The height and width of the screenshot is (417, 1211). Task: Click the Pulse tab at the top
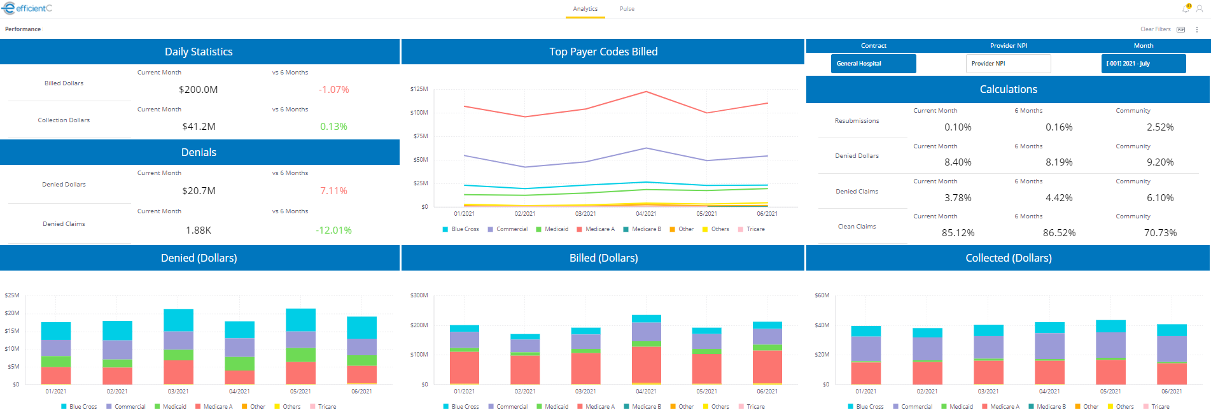pos(627,9)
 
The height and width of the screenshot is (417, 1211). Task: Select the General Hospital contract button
pos(873,64)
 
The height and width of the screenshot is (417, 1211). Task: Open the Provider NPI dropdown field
pos(1008,64)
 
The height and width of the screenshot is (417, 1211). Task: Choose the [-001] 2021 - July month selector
pos(1143,64)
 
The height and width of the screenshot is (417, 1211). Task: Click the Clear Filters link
pos(1155,29)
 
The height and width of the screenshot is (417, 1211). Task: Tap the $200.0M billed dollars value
pos(198,90)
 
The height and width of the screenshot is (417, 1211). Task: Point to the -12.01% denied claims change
pos(333,230)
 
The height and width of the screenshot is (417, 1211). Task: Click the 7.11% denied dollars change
pos(333,191)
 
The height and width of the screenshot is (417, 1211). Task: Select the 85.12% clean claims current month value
pos(958,233)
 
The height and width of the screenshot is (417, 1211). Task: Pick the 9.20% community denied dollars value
pos(1159,162)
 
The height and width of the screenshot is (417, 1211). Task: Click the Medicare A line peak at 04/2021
pos(646,92)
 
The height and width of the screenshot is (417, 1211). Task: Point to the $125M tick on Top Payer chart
pos(419,89)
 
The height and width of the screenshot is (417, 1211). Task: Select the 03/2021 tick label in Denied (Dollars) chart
pos(178,392)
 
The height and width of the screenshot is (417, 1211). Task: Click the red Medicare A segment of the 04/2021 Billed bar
pos(646,364)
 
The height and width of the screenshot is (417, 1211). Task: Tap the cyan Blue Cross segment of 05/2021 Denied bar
pos(300,320)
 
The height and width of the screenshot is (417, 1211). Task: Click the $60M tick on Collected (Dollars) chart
pos(822,295)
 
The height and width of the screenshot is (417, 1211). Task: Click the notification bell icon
pos(1186,8)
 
